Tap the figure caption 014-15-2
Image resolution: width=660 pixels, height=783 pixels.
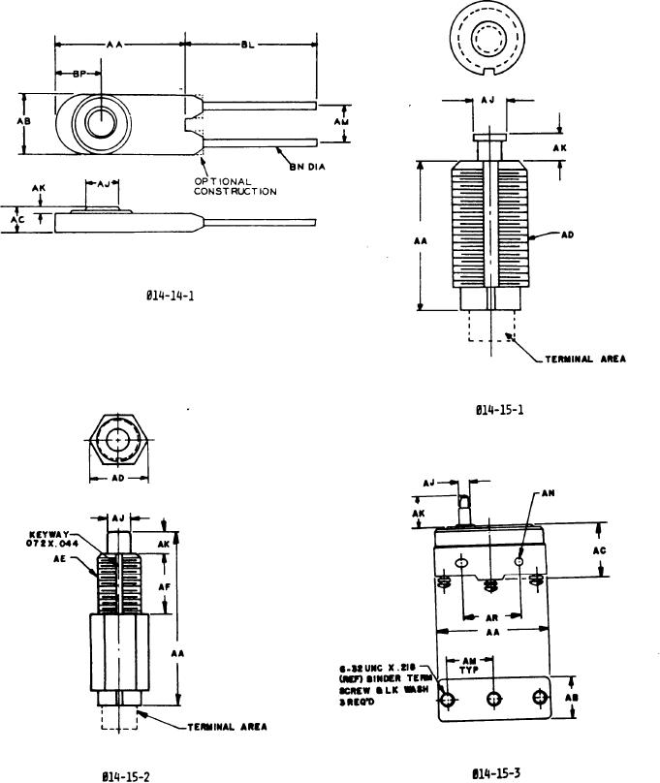(x=125, y=775)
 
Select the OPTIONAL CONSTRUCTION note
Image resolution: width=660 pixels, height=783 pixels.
(x=236, y=186)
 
